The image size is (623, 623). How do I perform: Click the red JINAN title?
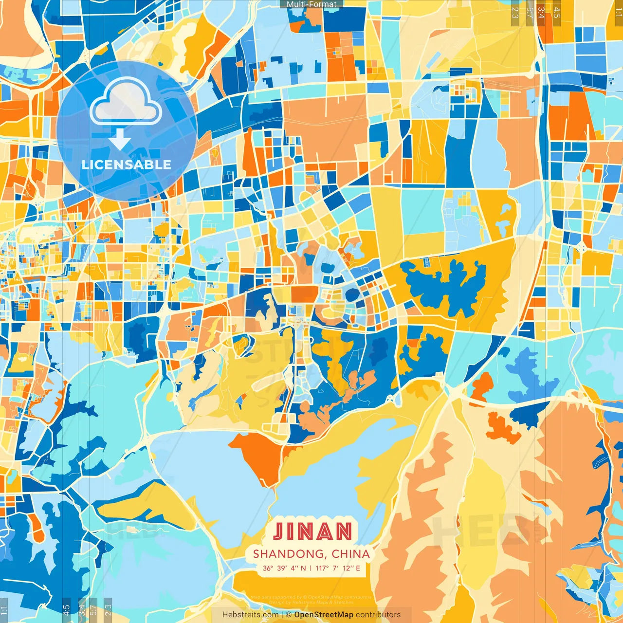(312, 531)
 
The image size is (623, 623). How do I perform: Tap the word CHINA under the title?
(350, 554)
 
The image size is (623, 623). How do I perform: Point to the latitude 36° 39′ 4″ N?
(284, 568)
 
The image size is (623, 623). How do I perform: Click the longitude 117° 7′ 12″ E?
(338, 568)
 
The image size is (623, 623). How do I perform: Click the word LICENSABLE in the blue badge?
(127, 165)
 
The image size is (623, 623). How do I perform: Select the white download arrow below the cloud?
(120, 140)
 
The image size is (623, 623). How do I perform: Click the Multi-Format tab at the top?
(311, 4)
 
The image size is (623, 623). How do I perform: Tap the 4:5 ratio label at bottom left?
(66, 609)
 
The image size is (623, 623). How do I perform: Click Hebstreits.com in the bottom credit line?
(250, 615)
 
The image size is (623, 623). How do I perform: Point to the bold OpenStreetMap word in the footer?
(323, 615)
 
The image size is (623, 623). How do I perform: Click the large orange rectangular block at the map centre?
(304, 294)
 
